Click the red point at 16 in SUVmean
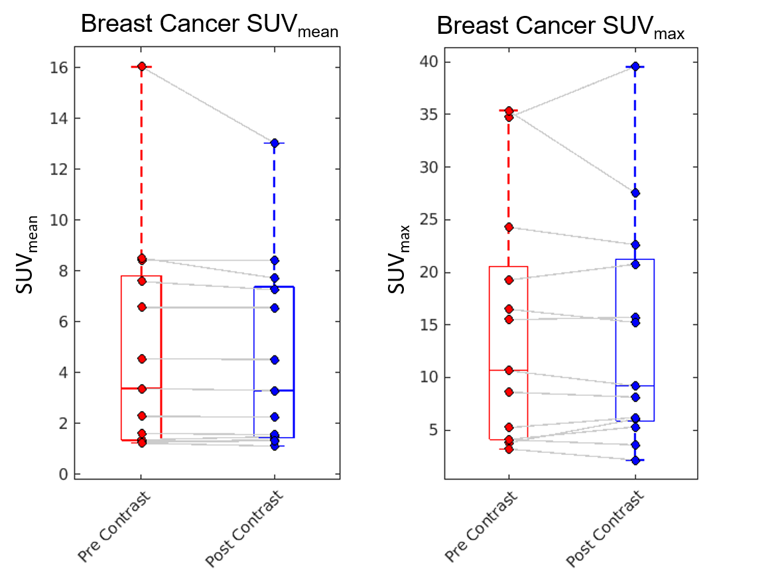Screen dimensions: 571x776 [142, 66]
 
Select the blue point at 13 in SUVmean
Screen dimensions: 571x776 [275, 143]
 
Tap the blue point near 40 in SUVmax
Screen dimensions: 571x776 [635, 66]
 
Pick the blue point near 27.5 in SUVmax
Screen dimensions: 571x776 [635, 192]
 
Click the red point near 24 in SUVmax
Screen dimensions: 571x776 [509, 227]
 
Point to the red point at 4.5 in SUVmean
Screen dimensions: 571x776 [142, 359]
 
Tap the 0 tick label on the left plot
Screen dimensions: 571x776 [63, 474]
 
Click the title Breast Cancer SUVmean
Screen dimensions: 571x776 [210, 26]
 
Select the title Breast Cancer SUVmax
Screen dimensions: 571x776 [560, 27]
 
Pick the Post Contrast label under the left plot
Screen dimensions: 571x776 [244, 529]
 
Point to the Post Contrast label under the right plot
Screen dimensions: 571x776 [605, 529]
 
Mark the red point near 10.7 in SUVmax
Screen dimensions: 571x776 [509, 370]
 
